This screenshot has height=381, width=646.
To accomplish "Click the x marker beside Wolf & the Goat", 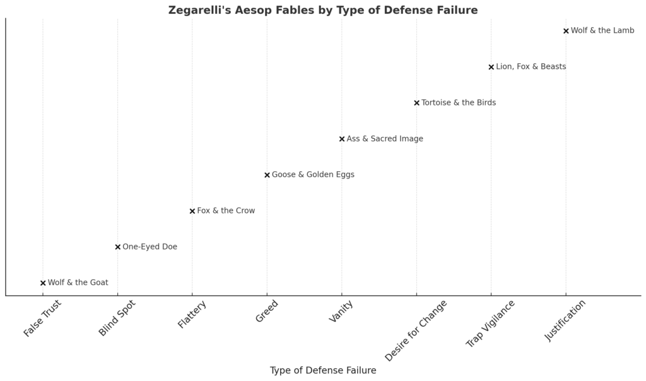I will pos(43,283).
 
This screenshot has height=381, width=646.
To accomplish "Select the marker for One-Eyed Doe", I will pos(118,247).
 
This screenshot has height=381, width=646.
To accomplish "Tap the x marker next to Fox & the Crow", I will pos(192,211).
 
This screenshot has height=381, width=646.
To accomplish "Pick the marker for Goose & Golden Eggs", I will pos(267,175).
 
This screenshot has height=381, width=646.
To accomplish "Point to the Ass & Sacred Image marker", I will pos(342,139).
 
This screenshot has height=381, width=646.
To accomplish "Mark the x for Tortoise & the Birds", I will pos(416,103).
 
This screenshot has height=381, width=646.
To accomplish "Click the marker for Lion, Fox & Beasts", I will pos(491,67).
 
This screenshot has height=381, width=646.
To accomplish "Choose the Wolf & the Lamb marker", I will pos(566,31).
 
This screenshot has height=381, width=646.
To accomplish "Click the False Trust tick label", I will pos(43,318).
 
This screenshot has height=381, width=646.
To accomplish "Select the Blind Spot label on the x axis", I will pos(117,318).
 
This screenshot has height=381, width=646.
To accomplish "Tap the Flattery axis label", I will pos(192,314).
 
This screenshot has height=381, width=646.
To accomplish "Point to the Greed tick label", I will pos(267,311).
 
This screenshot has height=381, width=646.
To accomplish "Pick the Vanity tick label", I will pos(341,312).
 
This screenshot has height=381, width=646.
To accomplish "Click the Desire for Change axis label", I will pos(416,330).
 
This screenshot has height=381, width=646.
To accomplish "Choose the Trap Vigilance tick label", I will pos(491,324).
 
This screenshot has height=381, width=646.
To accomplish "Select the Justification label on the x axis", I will pos(565,321).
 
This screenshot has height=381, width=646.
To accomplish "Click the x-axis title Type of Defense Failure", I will pos(323,371).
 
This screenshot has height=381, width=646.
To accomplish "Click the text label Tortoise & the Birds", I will pos(459,103).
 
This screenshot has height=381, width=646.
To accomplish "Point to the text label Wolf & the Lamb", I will pos(602,31).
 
